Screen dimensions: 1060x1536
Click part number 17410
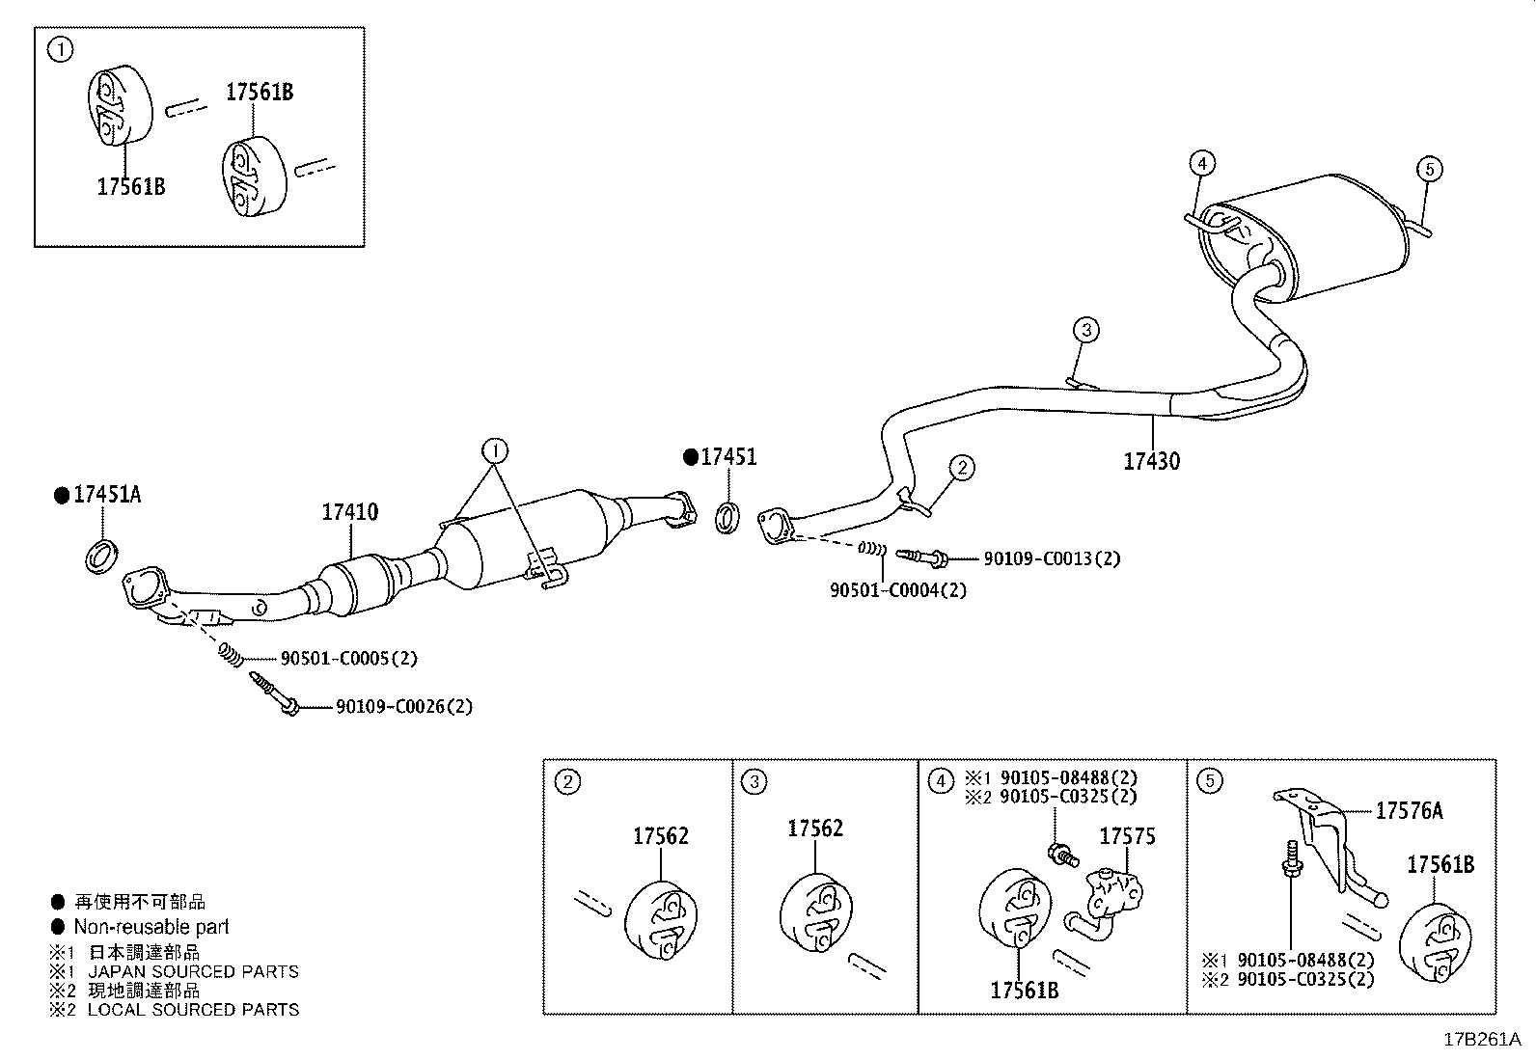point(349,512)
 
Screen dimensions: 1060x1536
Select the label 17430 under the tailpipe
point(1151,461)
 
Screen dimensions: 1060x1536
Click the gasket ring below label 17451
point(727,516)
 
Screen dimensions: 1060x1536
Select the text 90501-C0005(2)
point(348,659)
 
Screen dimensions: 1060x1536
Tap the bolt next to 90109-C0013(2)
point(921,557)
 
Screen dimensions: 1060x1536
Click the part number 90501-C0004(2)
point(897,589)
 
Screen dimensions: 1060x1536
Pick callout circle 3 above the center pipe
point(1085,331)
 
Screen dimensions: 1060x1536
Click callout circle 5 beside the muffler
point(1430,170)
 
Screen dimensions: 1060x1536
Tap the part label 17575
point(1127,836)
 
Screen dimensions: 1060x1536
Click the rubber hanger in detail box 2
point(661,921)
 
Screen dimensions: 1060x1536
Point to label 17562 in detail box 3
point(814,829)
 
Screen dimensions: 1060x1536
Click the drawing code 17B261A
point(1481,1039)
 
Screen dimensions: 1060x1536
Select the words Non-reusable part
point(151,927)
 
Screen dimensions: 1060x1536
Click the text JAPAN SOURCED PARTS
point(193,971)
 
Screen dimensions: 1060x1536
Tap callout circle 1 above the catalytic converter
point(494,450)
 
